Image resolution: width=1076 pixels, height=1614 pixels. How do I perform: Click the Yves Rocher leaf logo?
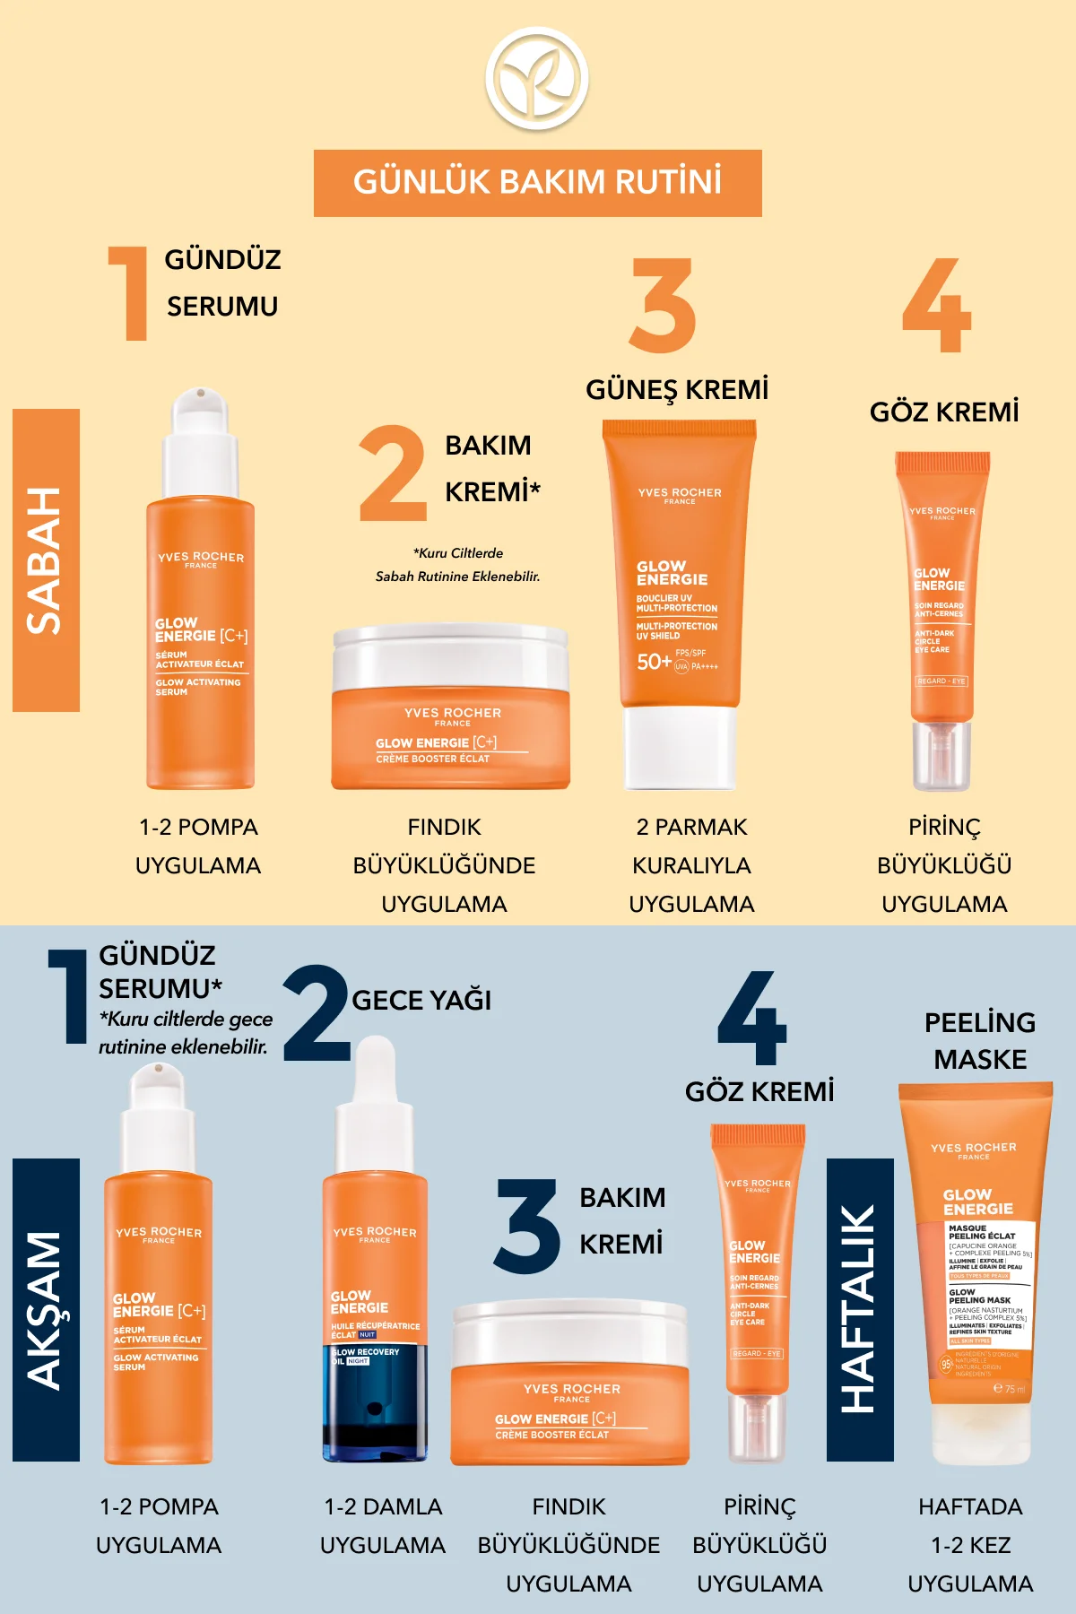pyautogui.click(x=537, y=79)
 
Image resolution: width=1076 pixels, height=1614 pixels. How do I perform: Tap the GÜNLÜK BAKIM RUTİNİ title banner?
pyautogui.click(x=537, y=183)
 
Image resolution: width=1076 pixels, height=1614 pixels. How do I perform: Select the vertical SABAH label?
pyautogui.click(x=46, y=560)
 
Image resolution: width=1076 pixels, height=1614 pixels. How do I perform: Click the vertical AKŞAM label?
pyautogui.click(x=46, y=1310)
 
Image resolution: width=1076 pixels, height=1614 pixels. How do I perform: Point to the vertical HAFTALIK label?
pyautogui.click(x=859, y=1310)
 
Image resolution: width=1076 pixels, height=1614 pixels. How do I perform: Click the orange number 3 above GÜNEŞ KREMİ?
pyautogui.click(x=663, y=306)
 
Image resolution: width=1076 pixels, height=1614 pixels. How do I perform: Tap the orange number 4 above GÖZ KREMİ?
pyautogui.click(x=936, y=306)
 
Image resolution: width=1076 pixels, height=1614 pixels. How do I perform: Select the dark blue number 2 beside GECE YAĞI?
pyautogui.click(x=317, y=1013)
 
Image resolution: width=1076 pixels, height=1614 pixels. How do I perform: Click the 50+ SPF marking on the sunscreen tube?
pyautogui.click(x=654, y=662)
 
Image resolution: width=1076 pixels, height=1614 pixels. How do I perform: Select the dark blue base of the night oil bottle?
pyautogui.click(x=375, y=1408)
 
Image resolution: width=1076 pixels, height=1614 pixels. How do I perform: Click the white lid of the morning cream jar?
pyautogui.click(x=450, y=655)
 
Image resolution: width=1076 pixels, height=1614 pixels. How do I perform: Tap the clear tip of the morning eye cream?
pyautogui.click(x=941, y=755)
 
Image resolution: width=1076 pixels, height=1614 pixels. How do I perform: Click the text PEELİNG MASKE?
pyautogui.click(x=980, y=1041)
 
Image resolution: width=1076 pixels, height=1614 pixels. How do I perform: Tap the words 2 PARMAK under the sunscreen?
pyautogui.click(x=691, y=827)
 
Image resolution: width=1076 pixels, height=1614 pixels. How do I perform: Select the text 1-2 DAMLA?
pyautogui.click(x=383, y=1506)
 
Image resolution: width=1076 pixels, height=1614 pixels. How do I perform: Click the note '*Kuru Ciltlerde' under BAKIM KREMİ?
pyautogui.click(x=458, y=553)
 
